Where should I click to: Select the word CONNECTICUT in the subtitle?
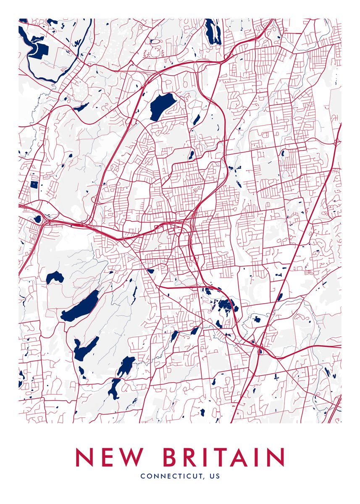(172, 476)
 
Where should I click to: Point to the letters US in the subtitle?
(214, 476)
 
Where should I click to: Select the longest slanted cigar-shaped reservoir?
(80, 306)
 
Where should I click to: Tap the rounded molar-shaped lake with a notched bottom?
(55, 277)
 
